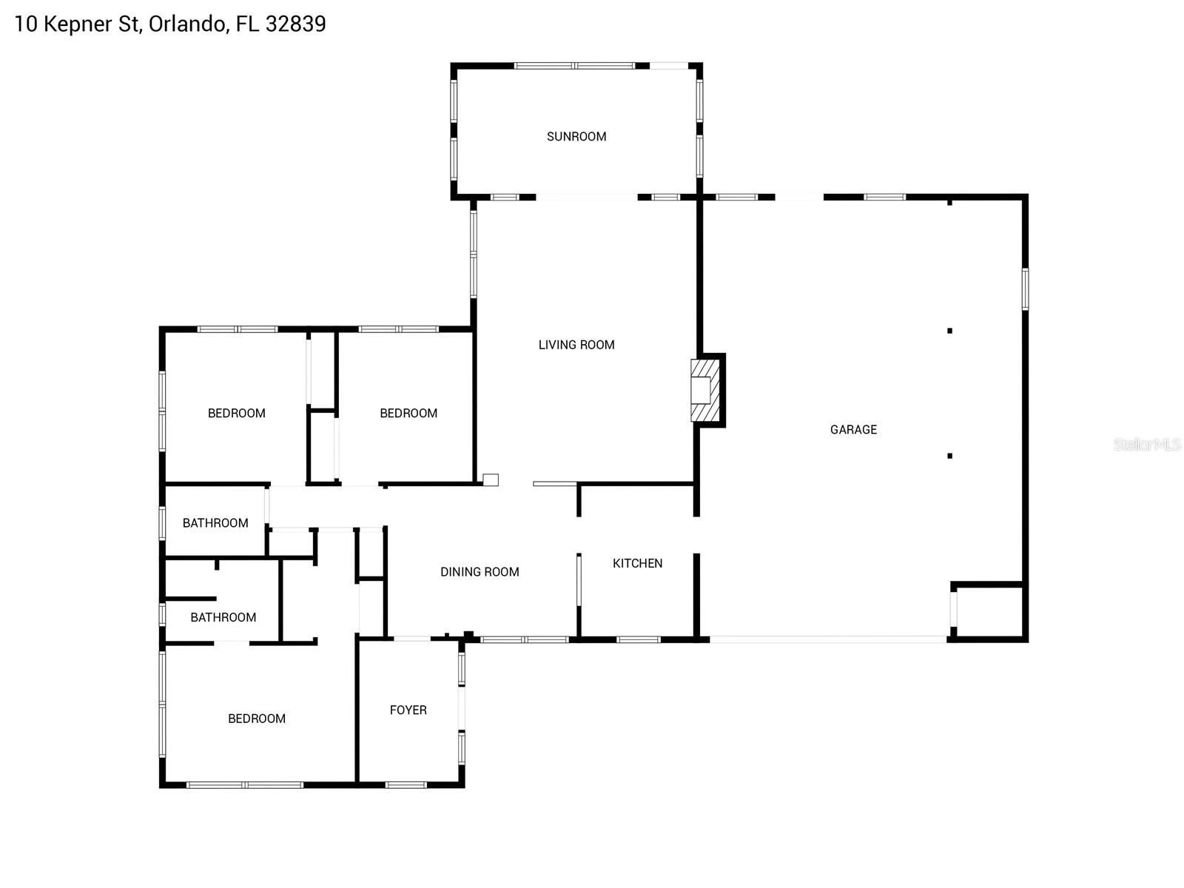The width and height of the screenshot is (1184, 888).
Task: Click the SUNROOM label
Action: pyautogui.click(x=576, y=136)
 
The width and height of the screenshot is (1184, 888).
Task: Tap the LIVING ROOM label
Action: pyautogui.click(x=576, y=344)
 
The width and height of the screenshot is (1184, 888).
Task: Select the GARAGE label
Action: pyautogui.click(x=853, y=429)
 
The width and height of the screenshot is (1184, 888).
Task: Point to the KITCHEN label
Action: pyautogui.click(x=637, y=563)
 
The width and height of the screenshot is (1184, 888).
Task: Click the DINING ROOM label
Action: pyautogui.click(x=480, y=571)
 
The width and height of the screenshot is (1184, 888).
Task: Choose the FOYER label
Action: pyautogui.click(x=408, y=710)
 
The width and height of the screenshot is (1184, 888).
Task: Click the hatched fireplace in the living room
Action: pyautogui.click(x=705, y=390)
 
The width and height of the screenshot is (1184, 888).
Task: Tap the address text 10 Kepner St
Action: pyautogui.click(x=73, y=24)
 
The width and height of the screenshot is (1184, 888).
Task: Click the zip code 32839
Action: pyautogui.click(x=295, y=24)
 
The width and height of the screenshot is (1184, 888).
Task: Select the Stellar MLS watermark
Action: pyautogui.click(x=1146, y=444)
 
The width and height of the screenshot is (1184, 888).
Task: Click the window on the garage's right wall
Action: pyautogui.click(x=1025, y=289)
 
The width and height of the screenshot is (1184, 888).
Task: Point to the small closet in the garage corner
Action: pyautogui.click(x=989, y=611)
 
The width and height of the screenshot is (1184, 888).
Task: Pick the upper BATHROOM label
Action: pyautogui.click(x=215, y=522)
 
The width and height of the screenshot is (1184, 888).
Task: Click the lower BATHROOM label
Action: pyautogui.click(x=223, y=617)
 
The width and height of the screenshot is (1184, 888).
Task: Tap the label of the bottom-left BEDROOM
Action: pyautogui.click(x=256, y=718)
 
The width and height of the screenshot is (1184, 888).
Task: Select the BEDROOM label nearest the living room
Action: pyautogui.click(x=408, y=413)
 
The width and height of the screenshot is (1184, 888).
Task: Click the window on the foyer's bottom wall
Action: pyautogui.click(x=406, y=784)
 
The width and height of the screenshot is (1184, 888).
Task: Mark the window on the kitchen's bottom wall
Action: pyautogui.click(x=638, y=639)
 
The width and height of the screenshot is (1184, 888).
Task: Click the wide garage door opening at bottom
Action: pyautogui.click(x=827, y=639)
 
